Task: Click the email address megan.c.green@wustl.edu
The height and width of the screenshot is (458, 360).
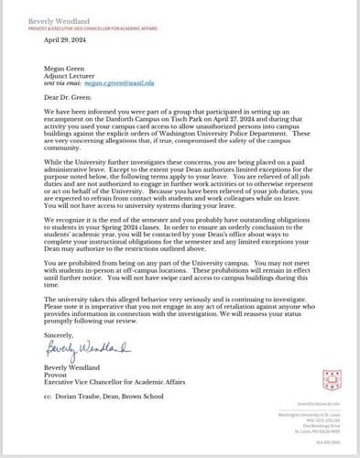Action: tap(128, 82)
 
